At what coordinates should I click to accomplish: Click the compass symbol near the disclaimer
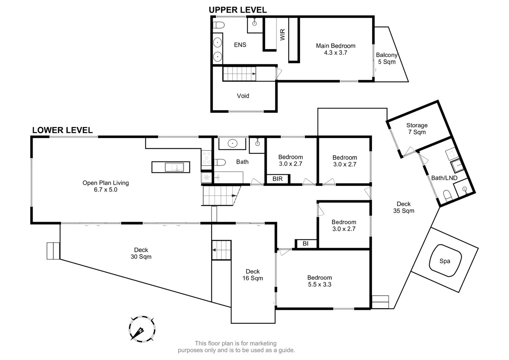[142, 329]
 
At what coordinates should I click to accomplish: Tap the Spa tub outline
[445, 261]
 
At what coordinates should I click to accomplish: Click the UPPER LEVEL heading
[238, 10]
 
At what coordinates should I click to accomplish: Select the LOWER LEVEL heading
[62, 130]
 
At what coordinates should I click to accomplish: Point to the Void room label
[243, 96]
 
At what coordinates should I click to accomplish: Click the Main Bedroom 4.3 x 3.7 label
[335, 49]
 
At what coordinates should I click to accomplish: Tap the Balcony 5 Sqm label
[386, 58]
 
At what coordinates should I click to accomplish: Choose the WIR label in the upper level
[283, 35]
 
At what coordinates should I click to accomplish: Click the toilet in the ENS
[219, 25]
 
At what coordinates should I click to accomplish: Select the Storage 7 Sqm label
[417, 129]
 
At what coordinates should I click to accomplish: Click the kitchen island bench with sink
[171, 167]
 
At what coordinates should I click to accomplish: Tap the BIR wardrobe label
[277, 179]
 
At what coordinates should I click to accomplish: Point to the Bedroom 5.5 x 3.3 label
[319, 281]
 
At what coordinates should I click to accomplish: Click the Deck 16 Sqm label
[253, 275]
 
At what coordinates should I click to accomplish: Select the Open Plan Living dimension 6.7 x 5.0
[106, 190]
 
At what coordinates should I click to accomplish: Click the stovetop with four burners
[206, 158]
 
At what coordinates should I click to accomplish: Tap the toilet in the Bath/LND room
[447, 195]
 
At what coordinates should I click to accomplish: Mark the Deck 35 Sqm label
[403, 207]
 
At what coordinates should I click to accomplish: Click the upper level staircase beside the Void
[239, 74]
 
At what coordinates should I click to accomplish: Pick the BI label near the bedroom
[305, 244]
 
